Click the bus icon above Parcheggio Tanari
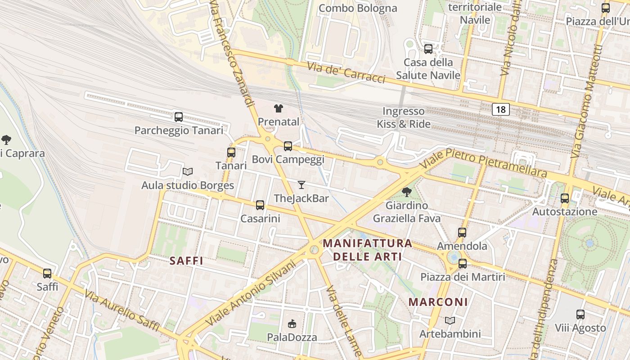pyautogui.click(x=179, y=117)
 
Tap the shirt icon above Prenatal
pyautogui.click(x=279, y=108)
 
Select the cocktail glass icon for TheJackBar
pyautogui.click(x=301, y=185)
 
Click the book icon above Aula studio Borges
pyautogui.click(x=188, y=171)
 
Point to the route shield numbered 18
pyautogui.click(x=500, y=109)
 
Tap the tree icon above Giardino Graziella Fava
pyautogui.click(x=406, y=192)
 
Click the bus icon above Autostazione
pyautogui.click(x=565, y=198)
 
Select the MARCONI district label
pyautogui.click(x=438, y=302)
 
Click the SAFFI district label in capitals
pyautogui.click(x=186, y=261)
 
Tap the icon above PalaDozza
pyautogui.click(x=292, y=324)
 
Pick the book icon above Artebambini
pyautogui.click(x=450, y=320)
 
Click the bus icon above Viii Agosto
pyautogui.click(x=580, y=315)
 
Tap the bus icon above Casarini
pyautogui.click(x=260, y=205)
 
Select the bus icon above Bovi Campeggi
pyautogui.click(x=288, y=146)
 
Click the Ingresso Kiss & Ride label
pyautogui.click(x=404, y=117)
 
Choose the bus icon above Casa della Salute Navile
pyautogui.click(x=428, y=49)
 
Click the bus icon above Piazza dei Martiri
pyautogui.click(x=462, y=264)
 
